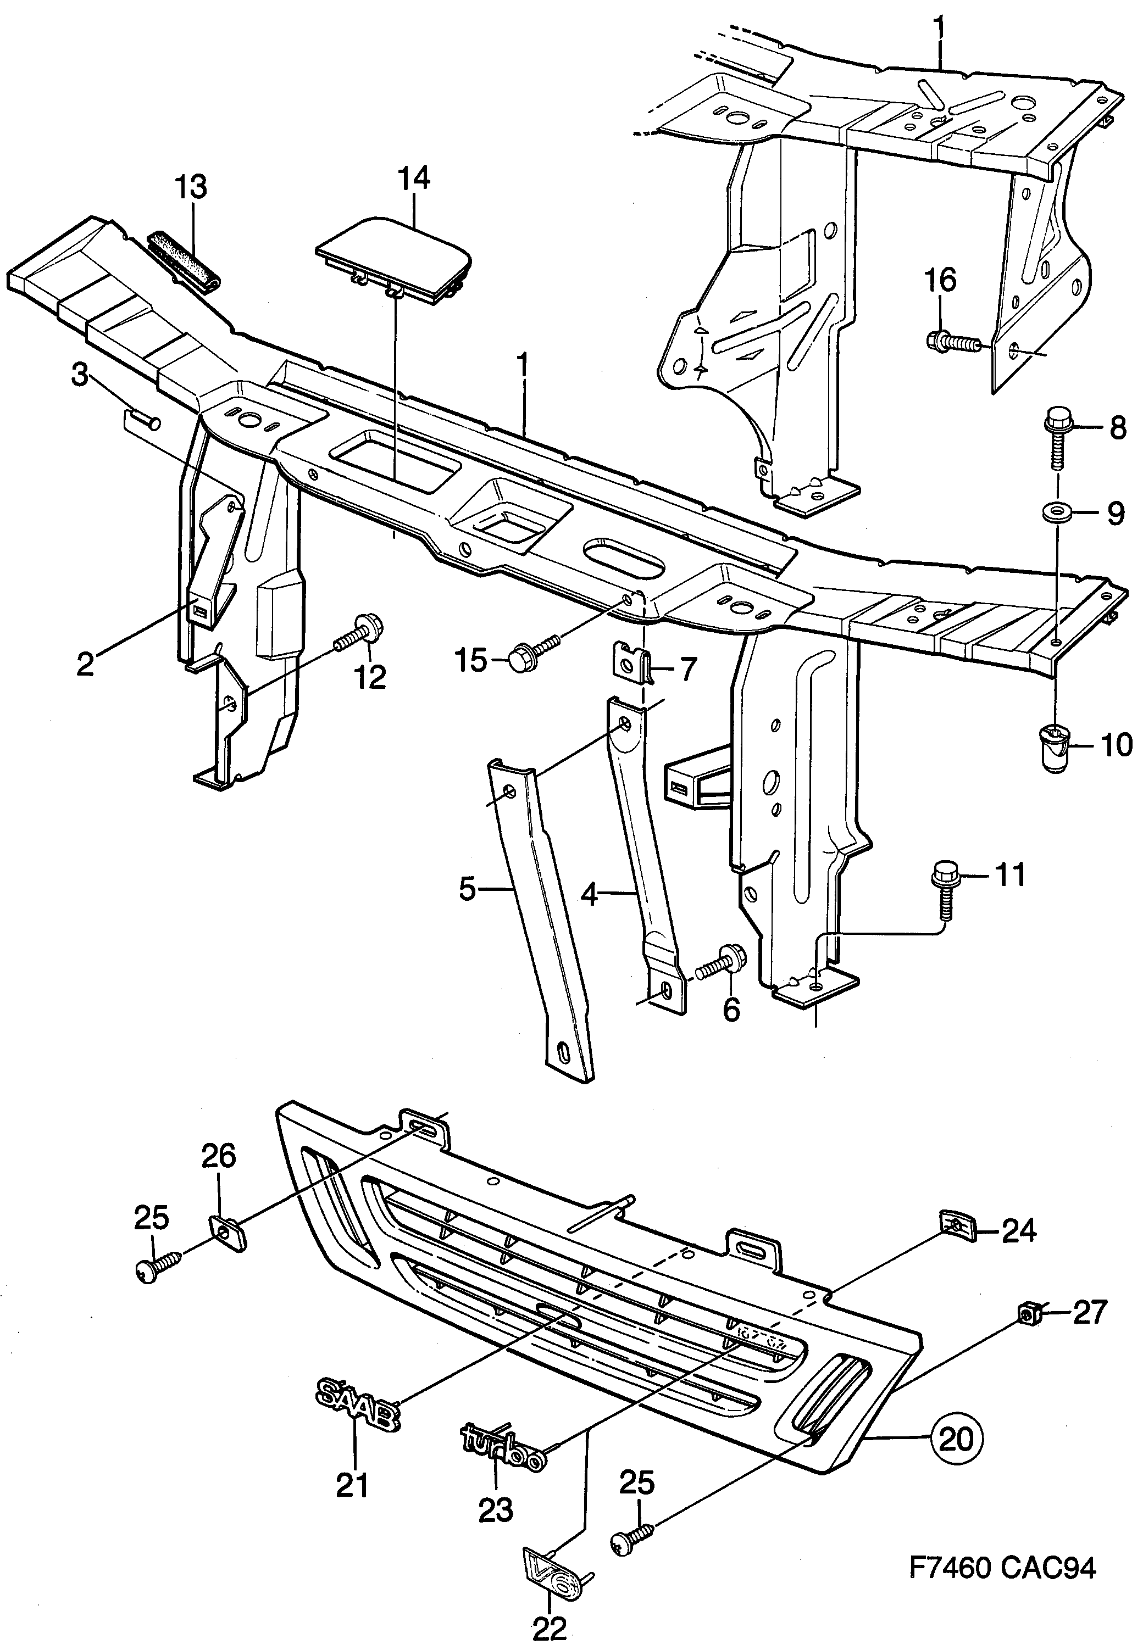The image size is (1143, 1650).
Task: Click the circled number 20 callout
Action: point(957,1439)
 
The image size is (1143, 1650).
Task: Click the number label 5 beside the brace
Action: point(468,890)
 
